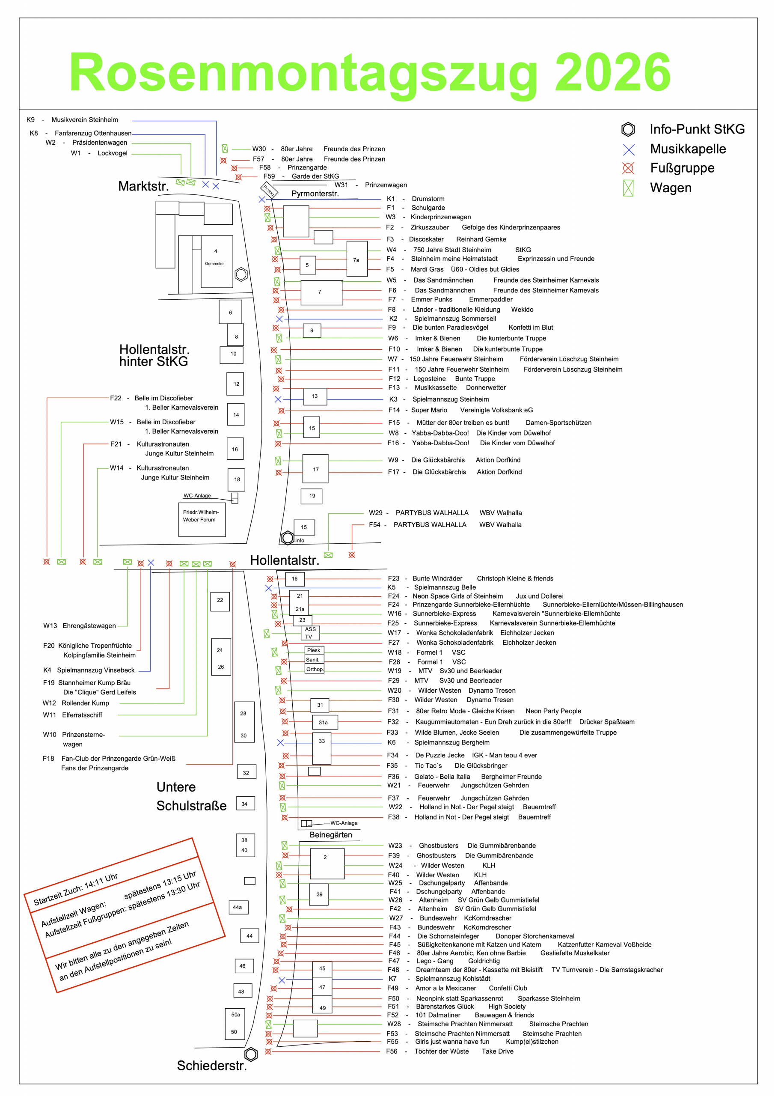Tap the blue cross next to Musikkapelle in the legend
point(629,149)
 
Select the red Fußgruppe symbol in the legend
point(628,168)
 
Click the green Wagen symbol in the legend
point(628,188)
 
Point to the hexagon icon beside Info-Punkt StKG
point(628,129)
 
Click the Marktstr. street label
point(144,186)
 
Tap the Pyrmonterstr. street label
point(315,194)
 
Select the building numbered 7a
point(356,259)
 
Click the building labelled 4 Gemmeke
point(216,261)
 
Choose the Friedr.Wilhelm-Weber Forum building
point(202,519)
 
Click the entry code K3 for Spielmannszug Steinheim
point(393,399)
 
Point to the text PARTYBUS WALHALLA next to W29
point(432,512)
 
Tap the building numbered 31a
point(324,722)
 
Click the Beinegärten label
point(331,834)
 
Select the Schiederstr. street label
point(212,1066)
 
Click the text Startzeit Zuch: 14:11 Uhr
point(75,890)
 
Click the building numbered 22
point(220,601)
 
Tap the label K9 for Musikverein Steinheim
point(30,120)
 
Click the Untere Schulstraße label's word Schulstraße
point(191,806)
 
